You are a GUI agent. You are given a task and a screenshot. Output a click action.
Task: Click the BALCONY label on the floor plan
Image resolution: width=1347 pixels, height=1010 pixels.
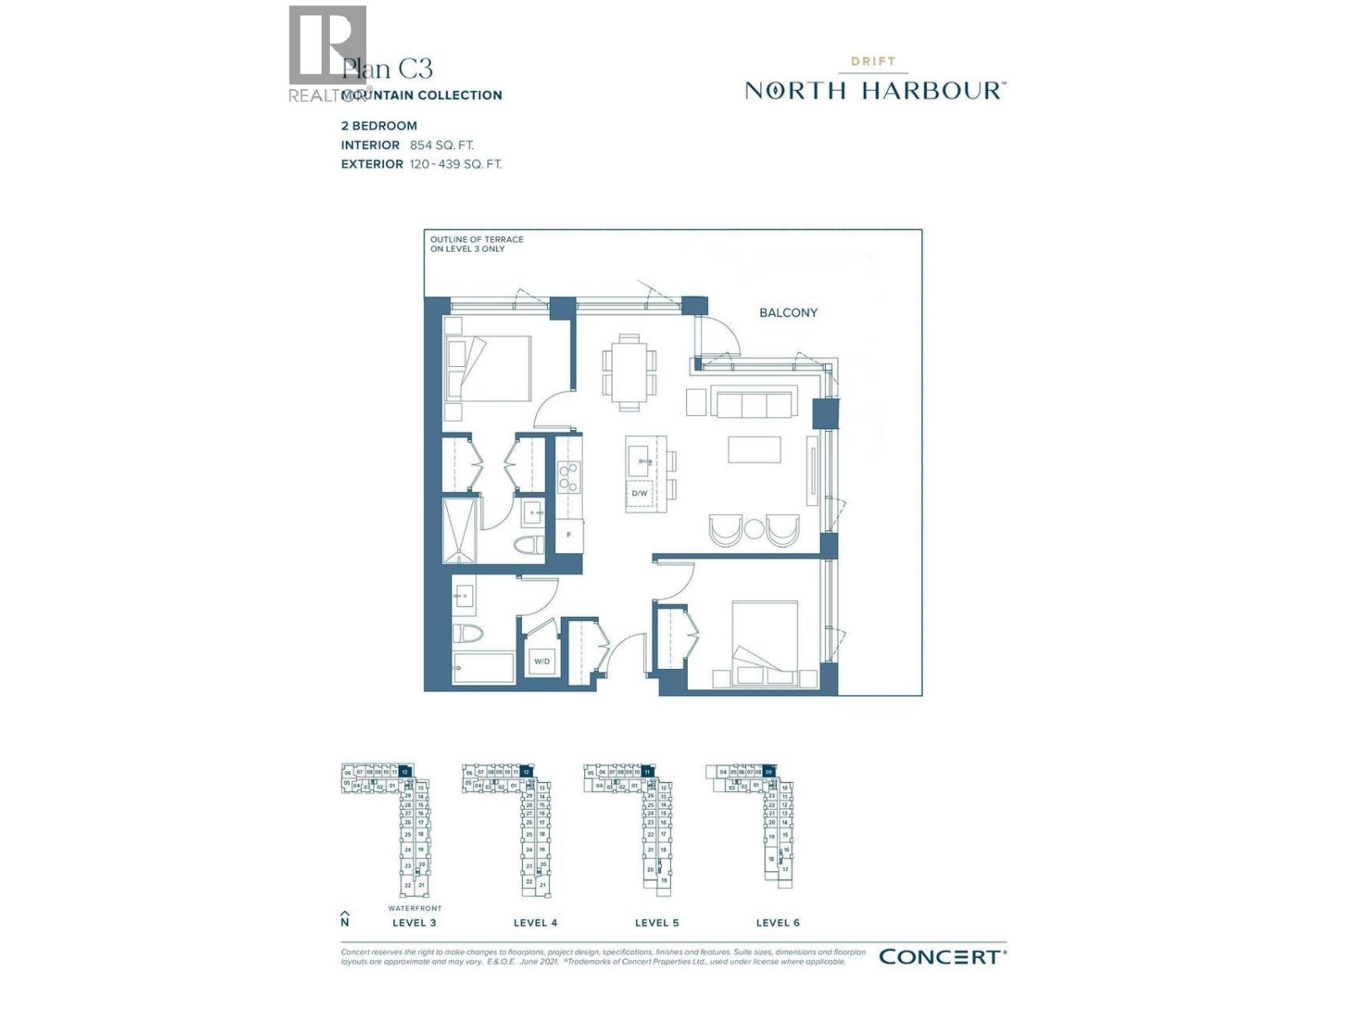click(788, 313)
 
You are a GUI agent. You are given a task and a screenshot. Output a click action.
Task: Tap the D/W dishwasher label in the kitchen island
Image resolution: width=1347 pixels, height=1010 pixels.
click(640, 493)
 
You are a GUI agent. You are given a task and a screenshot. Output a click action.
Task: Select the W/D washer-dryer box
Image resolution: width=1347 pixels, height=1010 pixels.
click(541, 662)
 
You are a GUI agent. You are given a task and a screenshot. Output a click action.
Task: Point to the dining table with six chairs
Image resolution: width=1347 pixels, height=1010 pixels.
click(629, 372)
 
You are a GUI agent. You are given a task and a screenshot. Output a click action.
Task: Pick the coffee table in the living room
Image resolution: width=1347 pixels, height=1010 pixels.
click(754, 449)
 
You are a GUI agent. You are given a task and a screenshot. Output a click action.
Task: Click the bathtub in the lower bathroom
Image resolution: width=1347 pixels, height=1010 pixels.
click(483, 668)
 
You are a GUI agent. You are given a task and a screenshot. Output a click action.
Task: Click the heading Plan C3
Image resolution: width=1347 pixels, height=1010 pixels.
click(387, 68)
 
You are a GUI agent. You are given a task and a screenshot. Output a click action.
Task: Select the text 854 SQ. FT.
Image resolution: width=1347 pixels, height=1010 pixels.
click(441, 146)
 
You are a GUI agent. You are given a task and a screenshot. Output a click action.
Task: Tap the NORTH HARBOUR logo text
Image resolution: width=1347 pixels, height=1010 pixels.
click(875, 91)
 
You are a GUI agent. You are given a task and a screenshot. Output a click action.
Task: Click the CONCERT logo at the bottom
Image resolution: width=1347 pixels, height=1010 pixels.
click(941, 957)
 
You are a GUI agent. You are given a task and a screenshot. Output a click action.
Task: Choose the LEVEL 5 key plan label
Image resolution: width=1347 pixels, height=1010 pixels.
click(657, 923)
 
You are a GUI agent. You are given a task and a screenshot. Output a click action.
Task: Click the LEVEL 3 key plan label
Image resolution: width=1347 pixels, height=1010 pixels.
click(414, 923)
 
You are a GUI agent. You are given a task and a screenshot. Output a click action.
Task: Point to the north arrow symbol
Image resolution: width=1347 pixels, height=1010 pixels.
click(344, 918)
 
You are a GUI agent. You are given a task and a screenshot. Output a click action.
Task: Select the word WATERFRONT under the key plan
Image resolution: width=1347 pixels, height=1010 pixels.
click(414, 909)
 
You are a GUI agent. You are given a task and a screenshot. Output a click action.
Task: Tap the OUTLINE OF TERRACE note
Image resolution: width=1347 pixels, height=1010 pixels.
click(477, 244)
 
